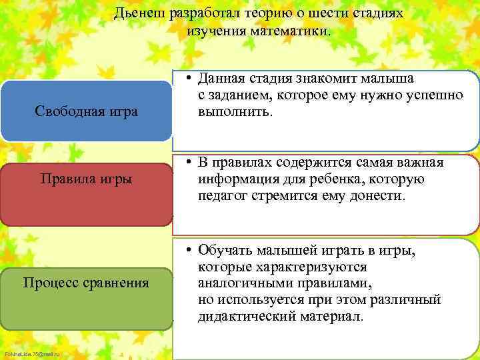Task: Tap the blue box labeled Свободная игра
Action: click(86, 111)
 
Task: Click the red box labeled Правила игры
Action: click(86, 179)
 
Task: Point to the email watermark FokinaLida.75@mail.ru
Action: click(31, 353)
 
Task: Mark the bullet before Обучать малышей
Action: click(190, 251)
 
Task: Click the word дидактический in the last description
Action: click(246, 317)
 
